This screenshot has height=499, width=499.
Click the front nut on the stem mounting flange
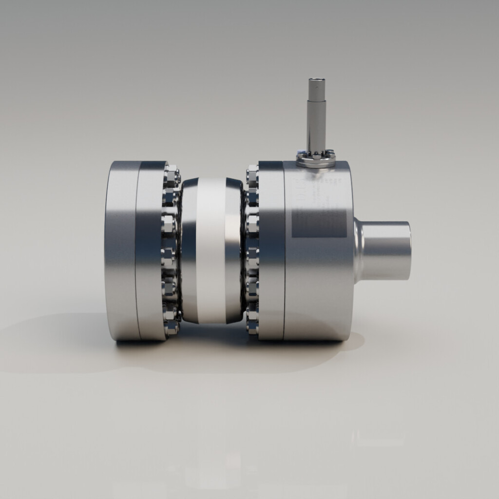coord(316,157)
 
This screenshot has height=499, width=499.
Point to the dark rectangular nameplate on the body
coord(319,222)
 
